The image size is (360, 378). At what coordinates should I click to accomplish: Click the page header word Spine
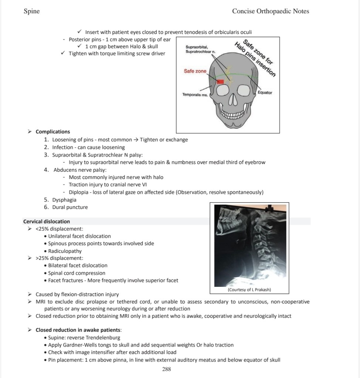pos(31,11)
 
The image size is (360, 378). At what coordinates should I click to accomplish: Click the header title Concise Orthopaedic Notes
pos(270,11)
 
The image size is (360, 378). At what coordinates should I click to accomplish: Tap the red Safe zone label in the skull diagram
pos(195,71)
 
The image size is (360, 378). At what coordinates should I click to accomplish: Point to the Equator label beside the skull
pos(265,93)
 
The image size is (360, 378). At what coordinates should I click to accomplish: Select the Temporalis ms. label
pos(195,95)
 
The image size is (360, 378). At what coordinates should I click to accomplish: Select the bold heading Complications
pos(52,132)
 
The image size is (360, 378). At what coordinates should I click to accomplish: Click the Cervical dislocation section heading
pos(46,221)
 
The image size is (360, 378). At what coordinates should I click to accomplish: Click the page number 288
pos(167,369)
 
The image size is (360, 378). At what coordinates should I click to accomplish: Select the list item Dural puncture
pos(70,207)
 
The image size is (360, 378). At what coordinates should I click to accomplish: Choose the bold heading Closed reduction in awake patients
pos(78,330)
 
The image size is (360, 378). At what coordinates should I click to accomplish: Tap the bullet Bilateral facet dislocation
pos(78,265)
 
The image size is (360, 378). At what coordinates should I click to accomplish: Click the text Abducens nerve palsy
pos(80,170)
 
